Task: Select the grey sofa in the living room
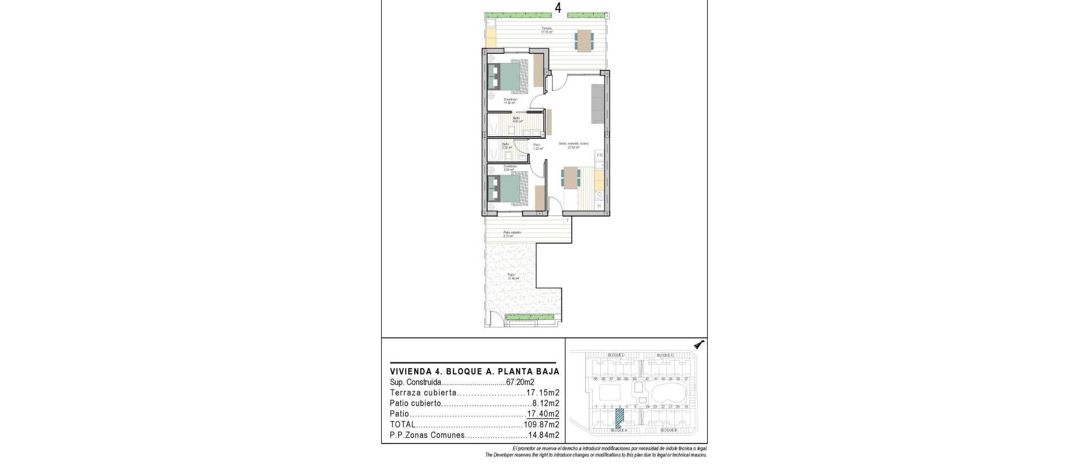[597, 103]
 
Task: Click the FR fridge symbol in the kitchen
[599, 155]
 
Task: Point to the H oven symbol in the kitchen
[599, 206]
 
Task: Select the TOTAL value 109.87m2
[541, 424]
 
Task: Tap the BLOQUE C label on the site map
[665, 356]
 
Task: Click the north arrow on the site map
[700, 344]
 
